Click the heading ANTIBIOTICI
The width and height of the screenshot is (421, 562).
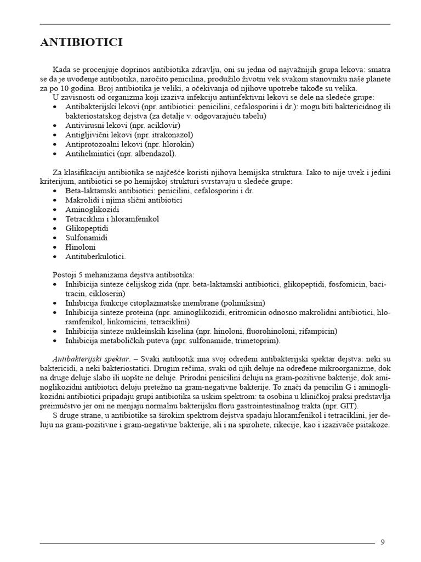[81, 43]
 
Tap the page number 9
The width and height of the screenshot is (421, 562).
[383, 542]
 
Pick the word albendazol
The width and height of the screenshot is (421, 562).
[154, 154]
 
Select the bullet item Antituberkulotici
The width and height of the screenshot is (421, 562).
[95, 256]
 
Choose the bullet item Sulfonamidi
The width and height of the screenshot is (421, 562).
[86, 238]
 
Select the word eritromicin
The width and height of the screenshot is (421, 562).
[252, 312]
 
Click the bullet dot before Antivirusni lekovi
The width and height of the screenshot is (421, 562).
[57, 125]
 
